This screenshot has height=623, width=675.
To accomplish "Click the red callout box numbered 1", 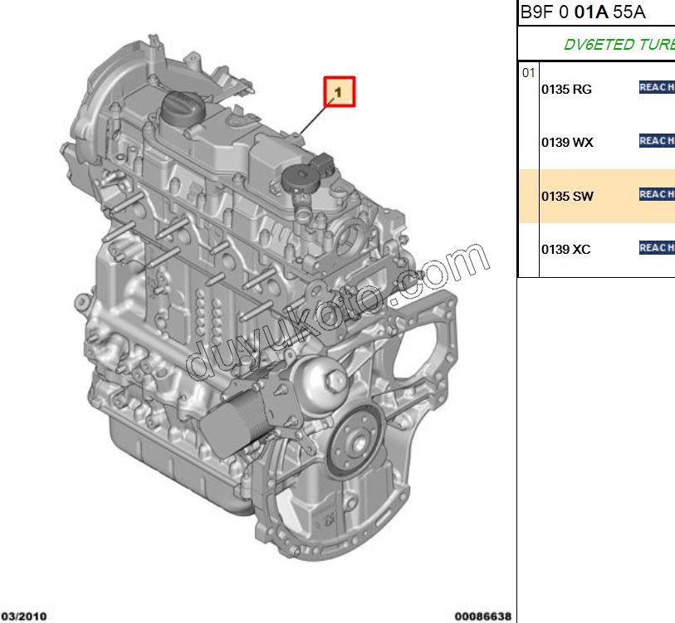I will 340,92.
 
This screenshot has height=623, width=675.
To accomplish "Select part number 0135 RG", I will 566,90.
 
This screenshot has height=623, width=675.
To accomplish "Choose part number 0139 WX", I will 567,143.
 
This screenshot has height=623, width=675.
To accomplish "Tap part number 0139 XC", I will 566,250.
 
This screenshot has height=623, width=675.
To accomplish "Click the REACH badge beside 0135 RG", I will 656,87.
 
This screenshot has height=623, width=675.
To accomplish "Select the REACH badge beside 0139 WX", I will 656,141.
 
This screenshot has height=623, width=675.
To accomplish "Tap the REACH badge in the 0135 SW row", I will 656,194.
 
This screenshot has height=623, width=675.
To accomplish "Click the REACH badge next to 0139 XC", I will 656,247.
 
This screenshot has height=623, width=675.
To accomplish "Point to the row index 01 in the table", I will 528,73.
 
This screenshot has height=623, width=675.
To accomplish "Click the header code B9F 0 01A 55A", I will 582,12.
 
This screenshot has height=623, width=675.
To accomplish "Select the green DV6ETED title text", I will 619,45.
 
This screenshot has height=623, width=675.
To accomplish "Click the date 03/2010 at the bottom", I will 23,616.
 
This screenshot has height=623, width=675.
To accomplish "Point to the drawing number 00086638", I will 482,616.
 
